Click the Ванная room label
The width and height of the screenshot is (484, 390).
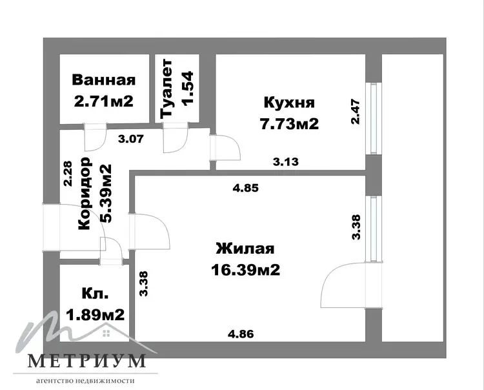tap(104, 79)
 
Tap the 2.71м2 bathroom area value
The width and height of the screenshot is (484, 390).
tap(104, 101)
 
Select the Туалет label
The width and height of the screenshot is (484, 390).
tap(167, 88)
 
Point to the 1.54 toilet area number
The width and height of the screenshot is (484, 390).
tap(188, 88)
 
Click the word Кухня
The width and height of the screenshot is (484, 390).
tap(289, 103)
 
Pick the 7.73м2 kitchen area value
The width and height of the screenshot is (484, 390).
tap(289, 124)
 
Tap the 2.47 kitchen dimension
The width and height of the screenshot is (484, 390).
tap(356, 112)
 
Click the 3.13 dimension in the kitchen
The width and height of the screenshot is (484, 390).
tap(286, 161)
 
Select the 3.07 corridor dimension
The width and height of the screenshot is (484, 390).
tap(131, 139)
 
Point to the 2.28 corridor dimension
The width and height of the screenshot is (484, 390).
tap(68, 174)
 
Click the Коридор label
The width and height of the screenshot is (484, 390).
tap(85, 194)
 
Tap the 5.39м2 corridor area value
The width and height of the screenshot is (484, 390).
tap(106, 194)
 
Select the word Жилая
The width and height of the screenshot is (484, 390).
tap(245, 249)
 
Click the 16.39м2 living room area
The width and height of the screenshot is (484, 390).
tap(246, 270)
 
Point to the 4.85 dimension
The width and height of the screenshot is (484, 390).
tap(245, 188)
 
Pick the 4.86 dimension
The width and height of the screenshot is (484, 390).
tap(241, 334)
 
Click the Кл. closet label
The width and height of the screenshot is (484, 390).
tap(95, 293)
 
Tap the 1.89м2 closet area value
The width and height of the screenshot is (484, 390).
tap(95, 314)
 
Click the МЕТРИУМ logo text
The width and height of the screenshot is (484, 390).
tap(86, 361)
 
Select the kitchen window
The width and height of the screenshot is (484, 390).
tap(374, 118)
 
